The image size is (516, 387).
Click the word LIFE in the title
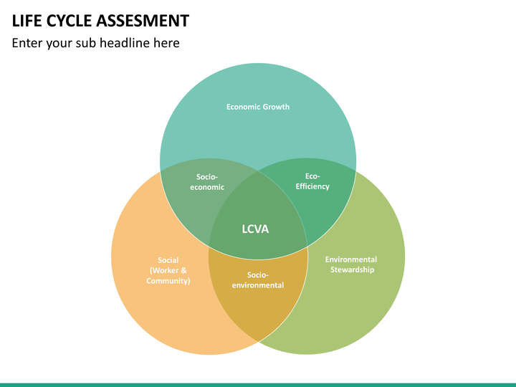(27, 20)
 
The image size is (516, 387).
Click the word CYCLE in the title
(68, 20)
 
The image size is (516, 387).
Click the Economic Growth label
(258, 107)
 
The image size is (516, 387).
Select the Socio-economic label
(206, 182)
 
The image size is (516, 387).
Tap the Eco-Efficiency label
(312, 181)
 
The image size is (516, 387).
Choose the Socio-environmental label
(257, 279)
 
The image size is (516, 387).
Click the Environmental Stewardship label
(351, 264)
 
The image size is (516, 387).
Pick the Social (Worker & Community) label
(168, 270)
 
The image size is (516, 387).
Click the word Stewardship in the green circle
(351, 269)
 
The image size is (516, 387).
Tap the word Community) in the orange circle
(168, 281)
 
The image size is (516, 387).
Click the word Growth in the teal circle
(276, 107)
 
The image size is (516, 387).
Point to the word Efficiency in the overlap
(312, 186)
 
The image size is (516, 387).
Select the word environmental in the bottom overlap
(257, 285)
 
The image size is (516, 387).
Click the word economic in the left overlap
(206, 187)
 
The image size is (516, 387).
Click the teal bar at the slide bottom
(258, 384)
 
